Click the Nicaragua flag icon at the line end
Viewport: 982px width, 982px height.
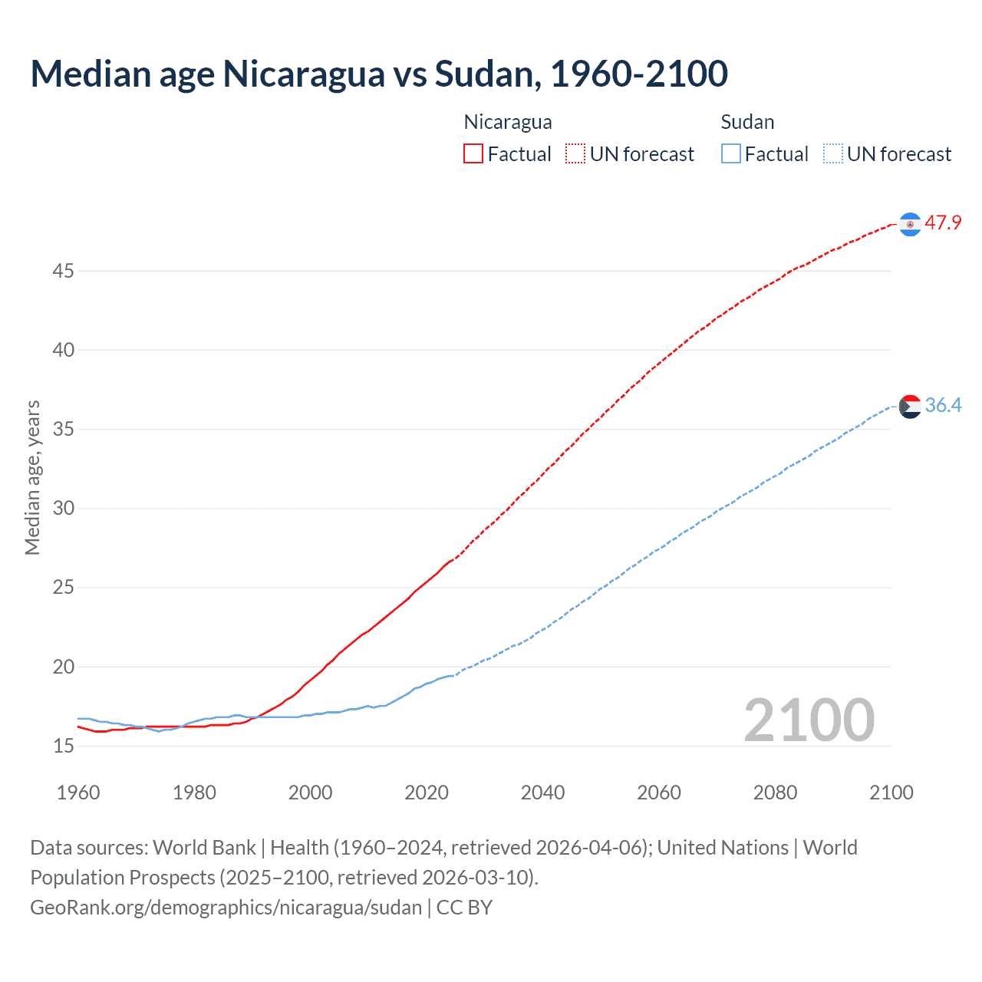click(910, 224)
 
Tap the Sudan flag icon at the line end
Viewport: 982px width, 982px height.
click(910, 406)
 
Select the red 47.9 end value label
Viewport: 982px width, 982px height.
click(943, 223)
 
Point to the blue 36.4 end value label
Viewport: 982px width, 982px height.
click(943, 405)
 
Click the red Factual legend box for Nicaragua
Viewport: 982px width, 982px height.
click(473, 154)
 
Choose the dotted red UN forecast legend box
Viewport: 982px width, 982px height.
click(575, 154)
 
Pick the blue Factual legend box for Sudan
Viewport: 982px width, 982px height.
click(731, 154)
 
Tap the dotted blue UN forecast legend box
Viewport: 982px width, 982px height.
click(832, 154)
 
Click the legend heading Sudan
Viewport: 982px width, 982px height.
click(747, 122)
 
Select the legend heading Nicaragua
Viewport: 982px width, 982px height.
click(508, 122)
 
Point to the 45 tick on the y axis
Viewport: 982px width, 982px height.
click(64, 271)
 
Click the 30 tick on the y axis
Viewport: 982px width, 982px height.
click(64, 509)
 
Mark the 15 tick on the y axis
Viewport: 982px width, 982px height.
click(64, 746)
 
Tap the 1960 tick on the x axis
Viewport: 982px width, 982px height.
click(78, 793)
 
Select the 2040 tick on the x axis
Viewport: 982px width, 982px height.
click(542, 793)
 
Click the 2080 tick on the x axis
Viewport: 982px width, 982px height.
click(775, 793)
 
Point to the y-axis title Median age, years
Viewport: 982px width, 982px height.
click(32, 477)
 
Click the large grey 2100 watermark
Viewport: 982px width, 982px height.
click(809, 720)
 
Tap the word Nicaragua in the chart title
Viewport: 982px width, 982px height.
click(303, 74)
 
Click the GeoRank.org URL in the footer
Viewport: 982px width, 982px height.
click(226, 908)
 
